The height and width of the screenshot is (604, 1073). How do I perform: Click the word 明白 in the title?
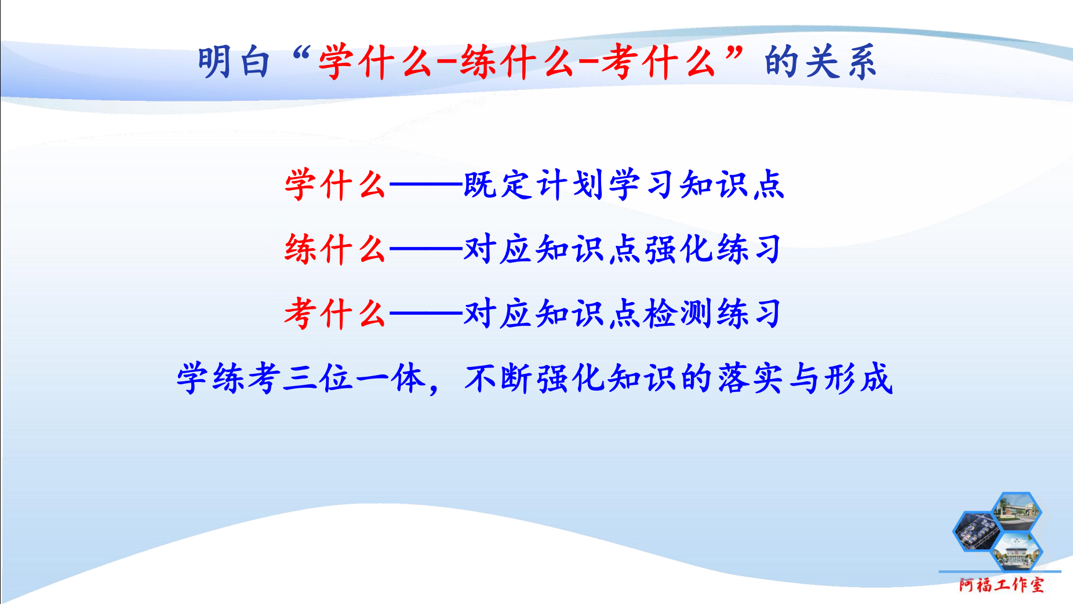[234, 61]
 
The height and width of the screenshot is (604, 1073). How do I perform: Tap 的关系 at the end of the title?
[820, 61]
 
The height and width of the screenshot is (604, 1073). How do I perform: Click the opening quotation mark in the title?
[303, 53]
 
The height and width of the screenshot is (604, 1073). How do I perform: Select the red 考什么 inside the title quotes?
[658, 61]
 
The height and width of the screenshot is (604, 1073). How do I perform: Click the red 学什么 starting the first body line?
[334, 185]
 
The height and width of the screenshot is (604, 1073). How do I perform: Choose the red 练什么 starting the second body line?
[334, 249]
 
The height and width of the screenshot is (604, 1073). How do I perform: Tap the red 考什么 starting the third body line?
[334, 314]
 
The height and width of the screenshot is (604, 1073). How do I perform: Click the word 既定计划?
[534, 185]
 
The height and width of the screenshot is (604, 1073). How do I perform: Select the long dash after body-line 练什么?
[426, 250]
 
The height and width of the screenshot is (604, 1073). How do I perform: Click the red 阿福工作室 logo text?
[1002, 584]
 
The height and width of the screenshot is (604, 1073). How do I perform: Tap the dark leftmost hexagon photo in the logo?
[978, 532]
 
